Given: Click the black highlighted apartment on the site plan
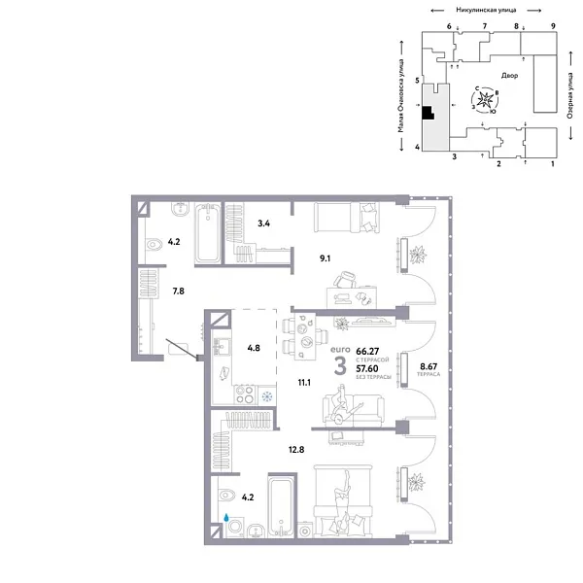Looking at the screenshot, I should click(426, 112).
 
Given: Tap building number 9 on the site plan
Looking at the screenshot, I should click(552, 25).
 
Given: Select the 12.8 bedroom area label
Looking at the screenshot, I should click(296, 449).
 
